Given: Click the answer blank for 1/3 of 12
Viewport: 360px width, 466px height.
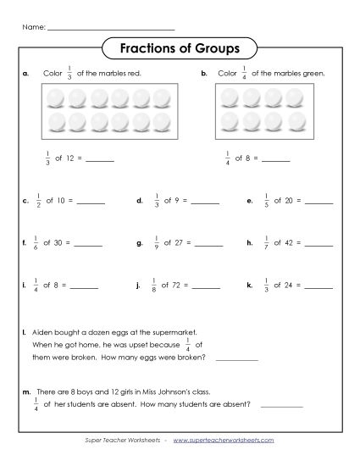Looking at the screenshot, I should [99, 160].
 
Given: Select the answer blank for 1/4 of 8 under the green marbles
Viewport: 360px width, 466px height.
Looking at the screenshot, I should [276, 160].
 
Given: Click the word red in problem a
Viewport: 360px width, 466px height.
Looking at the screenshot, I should [135, 74].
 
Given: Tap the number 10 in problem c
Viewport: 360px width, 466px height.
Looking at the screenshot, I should [61, 201].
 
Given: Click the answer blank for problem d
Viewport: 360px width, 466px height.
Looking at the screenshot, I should [206, 202].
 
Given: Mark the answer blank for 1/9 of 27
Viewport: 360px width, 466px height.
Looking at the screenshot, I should [208, 244].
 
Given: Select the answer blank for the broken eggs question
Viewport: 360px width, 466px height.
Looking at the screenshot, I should [237, 359].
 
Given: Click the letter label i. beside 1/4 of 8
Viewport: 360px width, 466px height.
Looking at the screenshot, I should [25, 286].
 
